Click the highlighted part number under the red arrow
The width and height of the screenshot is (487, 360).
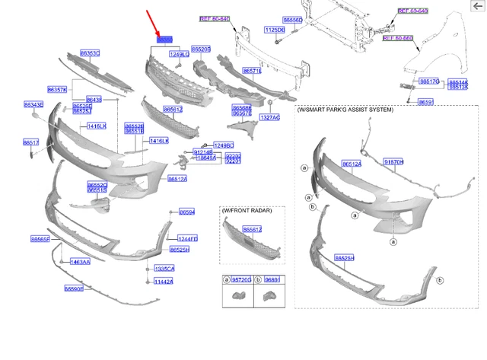(x=164, y=39)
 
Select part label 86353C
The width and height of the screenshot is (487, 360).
(x=90, y=53)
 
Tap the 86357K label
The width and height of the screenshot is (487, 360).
(x=57, y=89)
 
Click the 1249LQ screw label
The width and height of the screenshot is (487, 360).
(x=179, y=55)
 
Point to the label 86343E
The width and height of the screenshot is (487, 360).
(x=33, y=104)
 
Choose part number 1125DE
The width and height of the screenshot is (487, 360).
(x=274, y=30)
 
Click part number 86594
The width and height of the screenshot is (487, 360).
(x=187, y=212)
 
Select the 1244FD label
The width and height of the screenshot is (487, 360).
(x=187, y=239)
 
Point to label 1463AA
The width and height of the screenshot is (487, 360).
(x=80, y=262)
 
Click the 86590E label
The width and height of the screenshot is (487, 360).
(x=74, y=288)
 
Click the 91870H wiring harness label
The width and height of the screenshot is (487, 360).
(x=393, y=162)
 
